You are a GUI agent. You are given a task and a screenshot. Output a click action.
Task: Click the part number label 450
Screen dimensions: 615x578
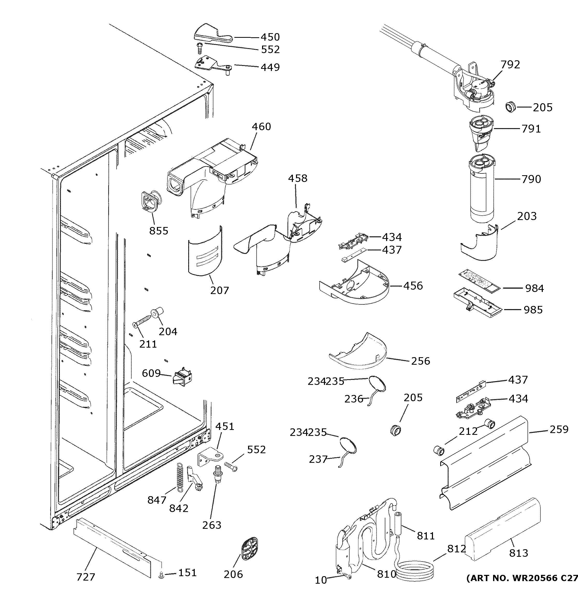270,37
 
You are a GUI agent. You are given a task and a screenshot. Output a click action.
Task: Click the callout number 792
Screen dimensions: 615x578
510,64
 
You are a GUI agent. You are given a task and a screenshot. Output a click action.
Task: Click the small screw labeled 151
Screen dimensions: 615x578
161,575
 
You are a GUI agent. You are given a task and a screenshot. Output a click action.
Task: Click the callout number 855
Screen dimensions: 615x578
159,231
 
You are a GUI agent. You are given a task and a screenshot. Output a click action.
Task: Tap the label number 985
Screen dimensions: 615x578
533,310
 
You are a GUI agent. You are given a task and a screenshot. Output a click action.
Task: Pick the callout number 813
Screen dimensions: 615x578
519,553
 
